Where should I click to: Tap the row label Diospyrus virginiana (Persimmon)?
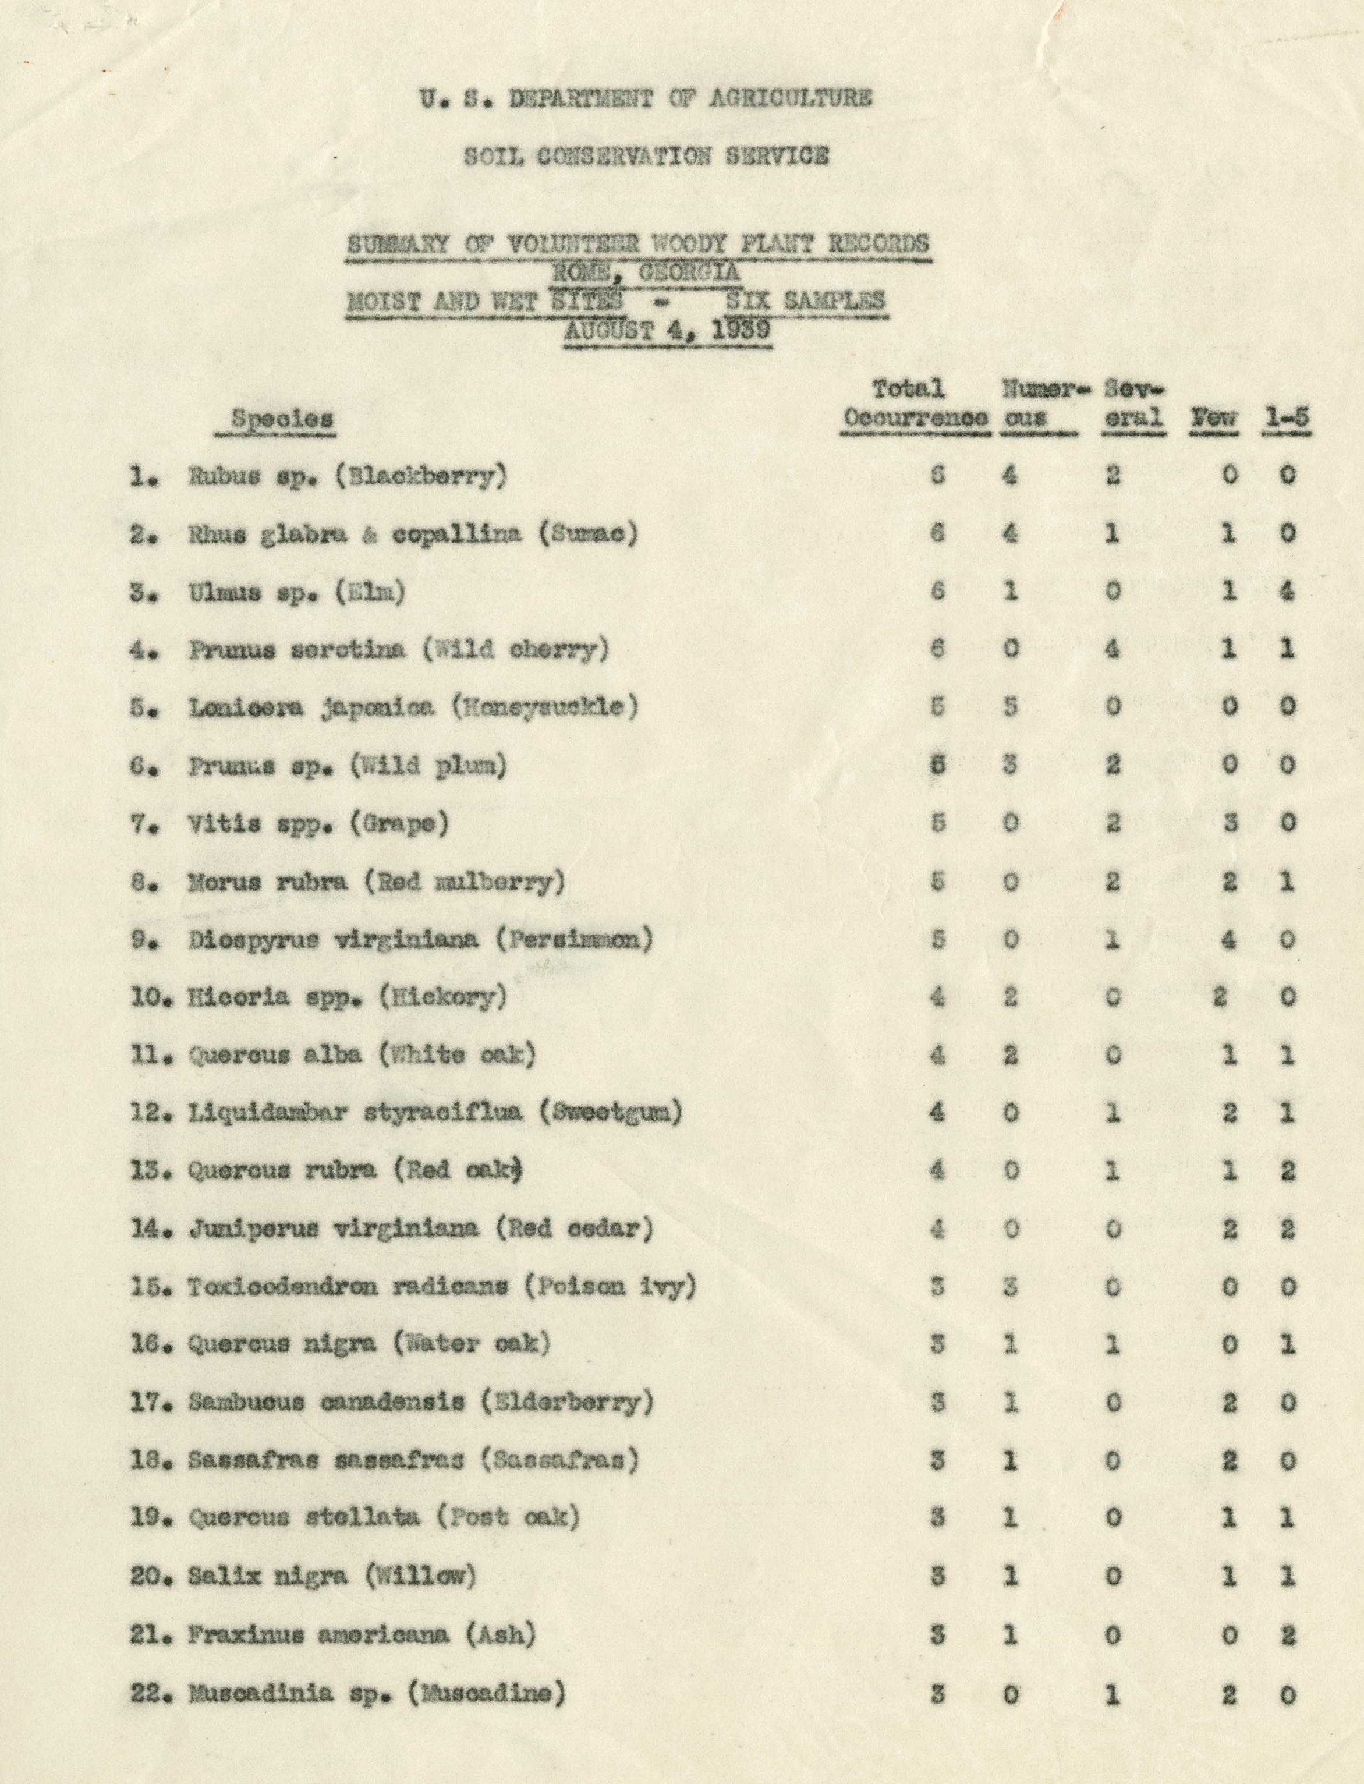coord(420,940)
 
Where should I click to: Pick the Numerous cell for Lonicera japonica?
coord(1009,706)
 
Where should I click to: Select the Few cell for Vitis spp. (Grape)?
coord(1229,823)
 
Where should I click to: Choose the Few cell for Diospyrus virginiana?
coord(1229,940)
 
